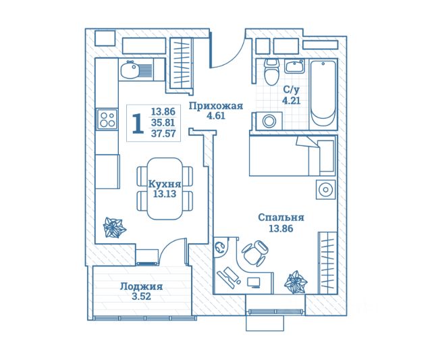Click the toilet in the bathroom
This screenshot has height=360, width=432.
click(x=271, y=72)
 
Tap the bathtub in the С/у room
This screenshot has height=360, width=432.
click(x=323, y=94)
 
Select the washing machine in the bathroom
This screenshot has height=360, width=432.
click(x=269, y=121)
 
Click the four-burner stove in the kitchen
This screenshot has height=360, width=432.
click(x=107, y=120)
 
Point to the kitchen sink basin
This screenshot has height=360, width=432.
click(x=130, y=70)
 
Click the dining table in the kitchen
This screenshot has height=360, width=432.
click(x=165, y=188)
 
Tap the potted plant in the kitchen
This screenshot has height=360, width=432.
click(x=114, y=228)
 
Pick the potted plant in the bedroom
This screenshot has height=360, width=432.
click(x=296, y=282)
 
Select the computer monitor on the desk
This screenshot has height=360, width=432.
click(x=254, y=282)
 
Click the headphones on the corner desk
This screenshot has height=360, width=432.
click(x=219, y=247)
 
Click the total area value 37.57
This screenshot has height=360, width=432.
click(x=163, y=134)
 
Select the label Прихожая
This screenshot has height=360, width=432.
click(x=216, y=105)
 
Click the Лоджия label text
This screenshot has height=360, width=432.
click(x=141, y=286)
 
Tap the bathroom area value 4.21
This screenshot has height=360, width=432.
click(x=291, y=101)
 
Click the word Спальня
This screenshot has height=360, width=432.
click(x=281, y=217)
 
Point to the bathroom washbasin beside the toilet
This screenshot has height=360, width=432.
click(x=294, y=66)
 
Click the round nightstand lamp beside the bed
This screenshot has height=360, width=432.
click(x=325, y=190)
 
